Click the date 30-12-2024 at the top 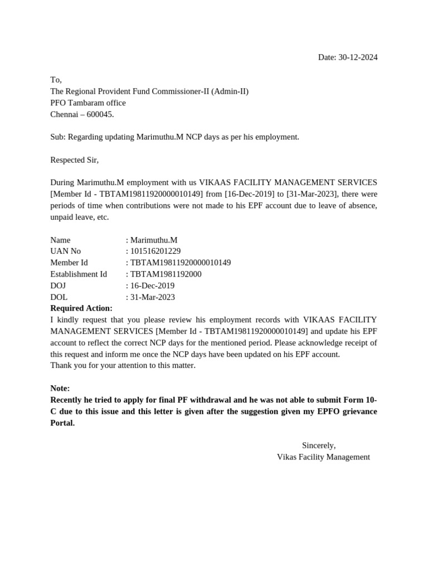pos(358,57)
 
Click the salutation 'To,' pos(56,80)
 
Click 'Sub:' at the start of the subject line pos(58,137)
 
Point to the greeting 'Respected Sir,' pos(74,160)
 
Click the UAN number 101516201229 pos(155,251)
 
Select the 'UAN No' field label pos(65,251)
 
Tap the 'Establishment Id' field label pos(78,274)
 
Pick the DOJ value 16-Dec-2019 pos(152,285)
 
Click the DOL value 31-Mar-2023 pos(152,297)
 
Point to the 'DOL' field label pos(59,297)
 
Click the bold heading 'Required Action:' pos(81,308)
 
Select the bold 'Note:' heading pos(60,388)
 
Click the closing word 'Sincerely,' pos(319,446)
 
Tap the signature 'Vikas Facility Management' pos(323,457)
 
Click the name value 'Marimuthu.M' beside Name pos(154,240)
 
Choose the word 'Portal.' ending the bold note pos(62,423)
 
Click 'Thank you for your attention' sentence pos(123,365)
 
